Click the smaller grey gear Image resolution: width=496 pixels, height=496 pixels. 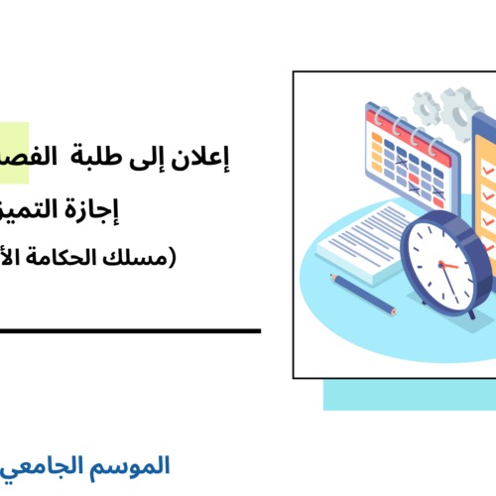[428, 105]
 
